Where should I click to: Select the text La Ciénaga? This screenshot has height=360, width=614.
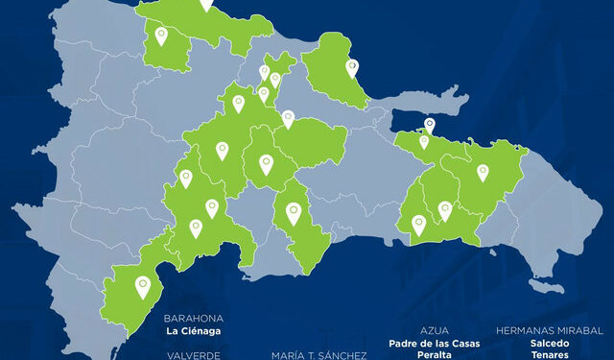click(193, 332)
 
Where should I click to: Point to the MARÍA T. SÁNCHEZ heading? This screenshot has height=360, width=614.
click(319, 355)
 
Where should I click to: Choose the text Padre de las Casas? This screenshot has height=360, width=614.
click(435, 343)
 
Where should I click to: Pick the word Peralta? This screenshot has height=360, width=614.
click(435, 355)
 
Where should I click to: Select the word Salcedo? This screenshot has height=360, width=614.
click(549, 343)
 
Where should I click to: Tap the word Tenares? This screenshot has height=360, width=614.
click(549, 355)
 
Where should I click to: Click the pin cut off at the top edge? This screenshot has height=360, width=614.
click(206, 4)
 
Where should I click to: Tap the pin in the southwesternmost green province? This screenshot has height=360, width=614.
click(143, 285)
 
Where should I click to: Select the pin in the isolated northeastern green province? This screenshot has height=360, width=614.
click(352, 67)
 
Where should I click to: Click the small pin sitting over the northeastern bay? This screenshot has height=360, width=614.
click(430, 124)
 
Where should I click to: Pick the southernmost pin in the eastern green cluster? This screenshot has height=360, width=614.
click(418, 225)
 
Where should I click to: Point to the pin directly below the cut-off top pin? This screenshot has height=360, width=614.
click(160, 36)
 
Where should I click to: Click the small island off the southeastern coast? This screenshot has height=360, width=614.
click(547, 287)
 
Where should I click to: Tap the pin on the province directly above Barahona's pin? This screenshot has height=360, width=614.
click(196, 228)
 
